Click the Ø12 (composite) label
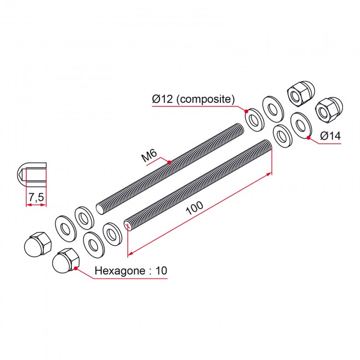tap(193, 99)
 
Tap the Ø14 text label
tap(331, 136)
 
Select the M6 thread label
tap(149, 156)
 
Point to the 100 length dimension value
tap(194, 208)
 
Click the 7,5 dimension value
tap(36, 197)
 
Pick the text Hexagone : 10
tap(131, 271)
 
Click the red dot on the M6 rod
tap(169, 162)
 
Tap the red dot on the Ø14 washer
tap(308, 138)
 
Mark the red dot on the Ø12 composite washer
tap(246, 111)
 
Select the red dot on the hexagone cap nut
tap(76, 268)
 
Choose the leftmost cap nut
tap(38, 244)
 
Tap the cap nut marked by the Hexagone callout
tap(66, 261)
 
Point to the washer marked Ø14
tap(301, 126)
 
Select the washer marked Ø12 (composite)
tap(255, 120)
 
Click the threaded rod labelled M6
tap(170, 169)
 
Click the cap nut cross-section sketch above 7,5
tap(32, 174)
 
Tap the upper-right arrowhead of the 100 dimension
tap(269, 175)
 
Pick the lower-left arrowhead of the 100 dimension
tap(131, 253)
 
